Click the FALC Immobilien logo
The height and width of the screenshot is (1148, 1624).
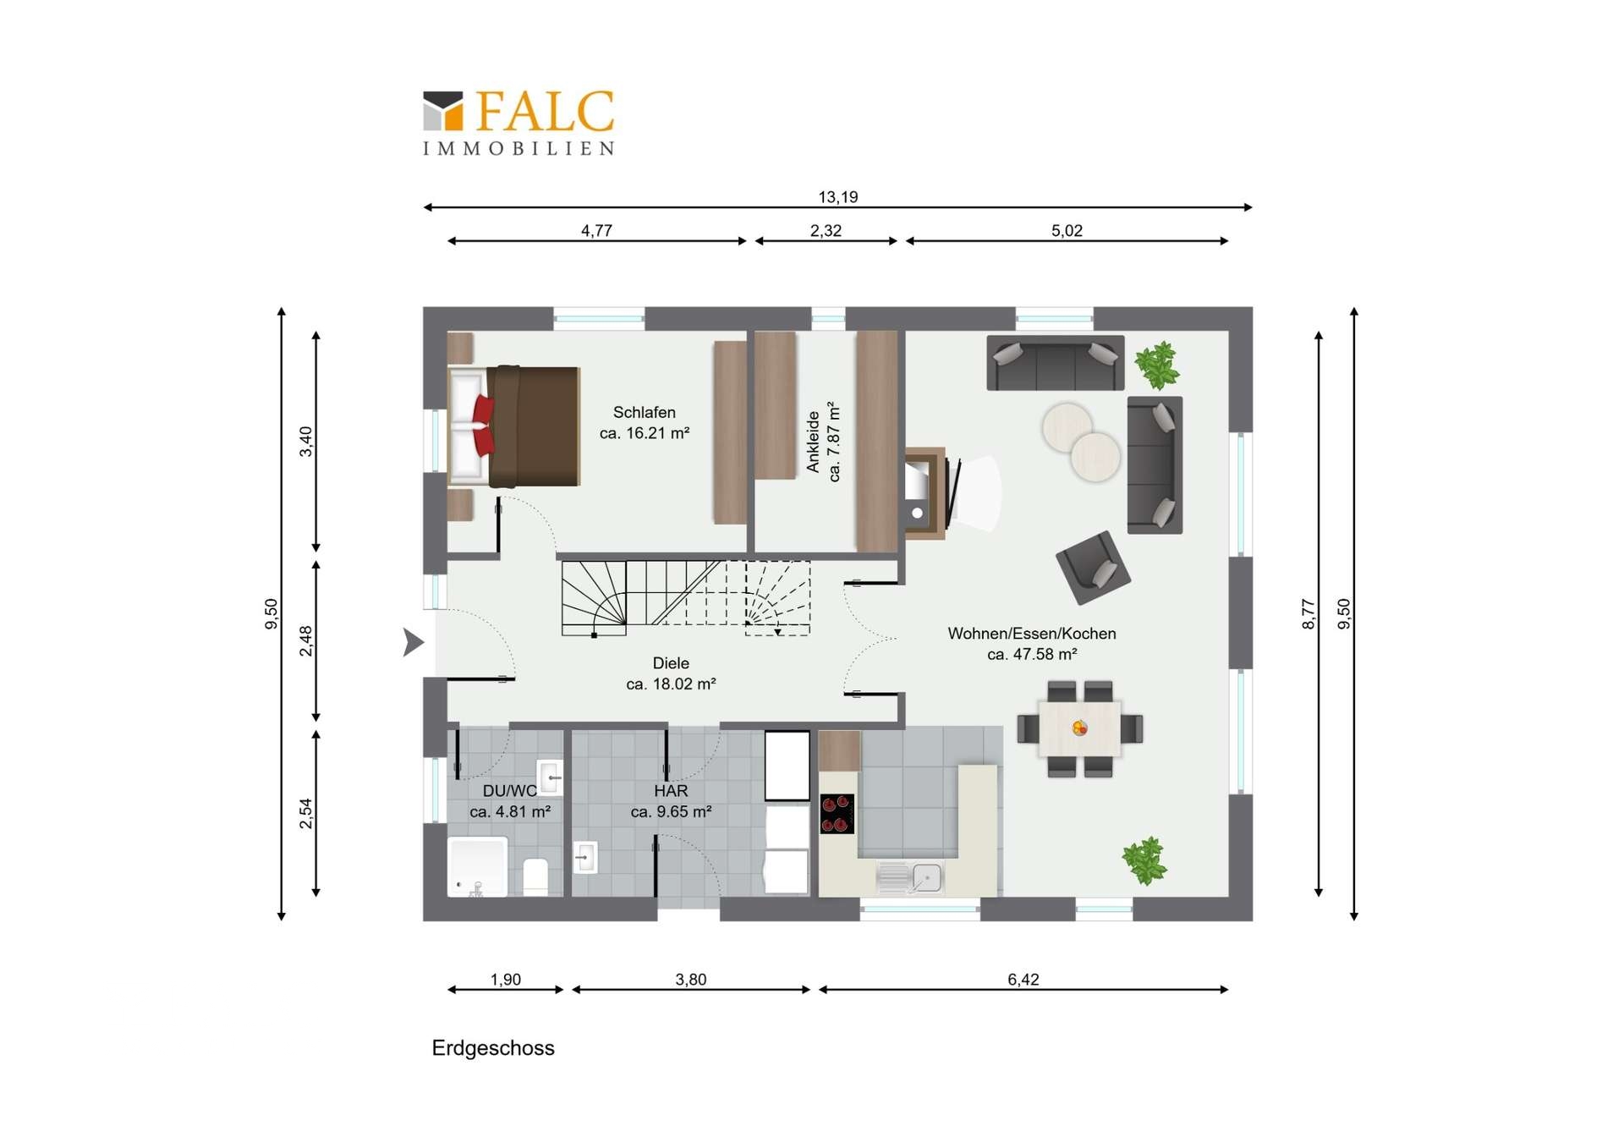point(518,123)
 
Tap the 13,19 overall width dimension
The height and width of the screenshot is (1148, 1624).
point(837,197)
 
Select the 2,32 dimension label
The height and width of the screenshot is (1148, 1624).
point(826,231)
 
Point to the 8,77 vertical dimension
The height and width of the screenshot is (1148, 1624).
point(1309,614)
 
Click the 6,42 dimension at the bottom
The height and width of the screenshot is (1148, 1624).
point(1023,980)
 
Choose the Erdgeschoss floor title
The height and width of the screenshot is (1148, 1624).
point(493,1048)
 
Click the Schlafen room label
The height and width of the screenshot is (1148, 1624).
point(645,413)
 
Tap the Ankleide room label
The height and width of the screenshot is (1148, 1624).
point(814,442)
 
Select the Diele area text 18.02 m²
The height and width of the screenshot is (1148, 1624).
point(671,684)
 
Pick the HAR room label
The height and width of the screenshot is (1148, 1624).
point(671,791)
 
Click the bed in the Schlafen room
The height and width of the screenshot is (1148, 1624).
point(513,426)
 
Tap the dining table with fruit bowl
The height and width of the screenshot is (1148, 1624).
point(1080,728)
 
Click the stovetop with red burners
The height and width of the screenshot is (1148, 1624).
point(837,814)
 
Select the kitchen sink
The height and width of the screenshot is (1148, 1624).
point(910,877)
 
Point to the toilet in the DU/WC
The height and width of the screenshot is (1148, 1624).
point(536,876)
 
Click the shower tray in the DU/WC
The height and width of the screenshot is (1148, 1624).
point(477,867)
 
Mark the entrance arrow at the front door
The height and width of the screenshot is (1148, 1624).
point(413,642)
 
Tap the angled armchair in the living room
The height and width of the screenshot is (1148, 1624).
point(1093,567)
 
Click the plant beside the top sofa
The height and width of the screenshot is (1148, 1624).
point(1156,365)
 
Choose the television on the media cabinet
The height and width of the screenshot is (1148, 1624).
point(954,491)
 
